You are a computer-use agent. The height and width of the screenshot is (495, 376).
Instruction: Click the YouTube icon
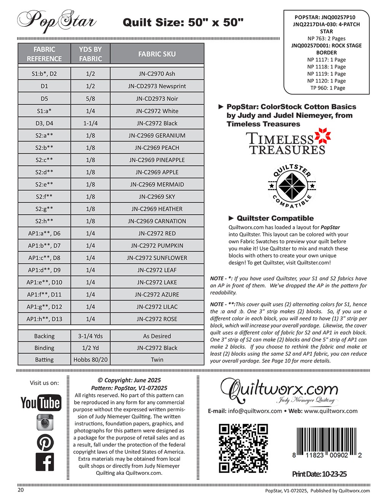click(x=40, y=402)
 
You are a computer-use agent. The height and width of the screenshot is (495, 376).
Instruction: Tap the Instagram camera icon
click(x=45, y=422)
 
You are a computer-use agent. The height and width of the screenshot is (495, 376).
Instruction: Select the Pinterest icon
click(x=45, y=442)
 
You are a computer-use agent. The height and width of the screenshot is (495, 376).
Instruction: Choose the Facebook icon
click(x=45, y=462)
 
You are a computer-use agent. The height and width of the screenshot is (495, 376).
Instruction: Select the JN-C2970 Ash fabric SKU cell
click(x=157, y=74)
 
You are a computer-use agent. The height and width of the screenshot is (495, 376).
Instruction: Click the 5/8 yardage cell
click(x=90, y=99)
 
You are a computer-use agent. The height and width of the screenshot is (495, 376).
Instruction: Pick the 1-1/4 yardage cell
click(x=90, y=123)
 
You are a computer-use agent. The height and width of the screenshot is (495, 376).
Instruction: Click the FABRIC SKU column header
click(x=157, y=54)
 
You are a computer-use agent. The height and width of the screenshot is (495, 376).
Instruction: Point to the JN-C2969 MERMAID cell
click(x=157, y=184)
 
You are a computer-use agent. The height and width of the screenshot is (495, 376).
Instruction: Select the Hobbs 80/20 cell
click(x=90, y=359)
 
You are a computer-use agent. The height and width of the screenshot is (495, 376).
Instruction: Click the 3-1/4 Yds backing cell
click(x=90, y=336)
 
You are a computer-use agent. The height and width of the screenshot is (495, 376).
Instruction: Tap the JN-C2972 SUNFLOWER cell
click(x=157, y=258)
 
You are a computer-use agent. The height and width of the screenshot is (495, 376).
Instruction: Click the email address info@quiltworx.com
click(x=255, y=411)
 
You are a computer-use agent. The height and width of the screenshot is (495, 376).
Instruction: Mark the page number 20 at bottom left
click(x=21, y=490)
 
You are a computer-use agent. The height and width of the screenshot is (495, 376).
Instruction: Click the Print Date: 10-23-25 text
click(x=319, y=474)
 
